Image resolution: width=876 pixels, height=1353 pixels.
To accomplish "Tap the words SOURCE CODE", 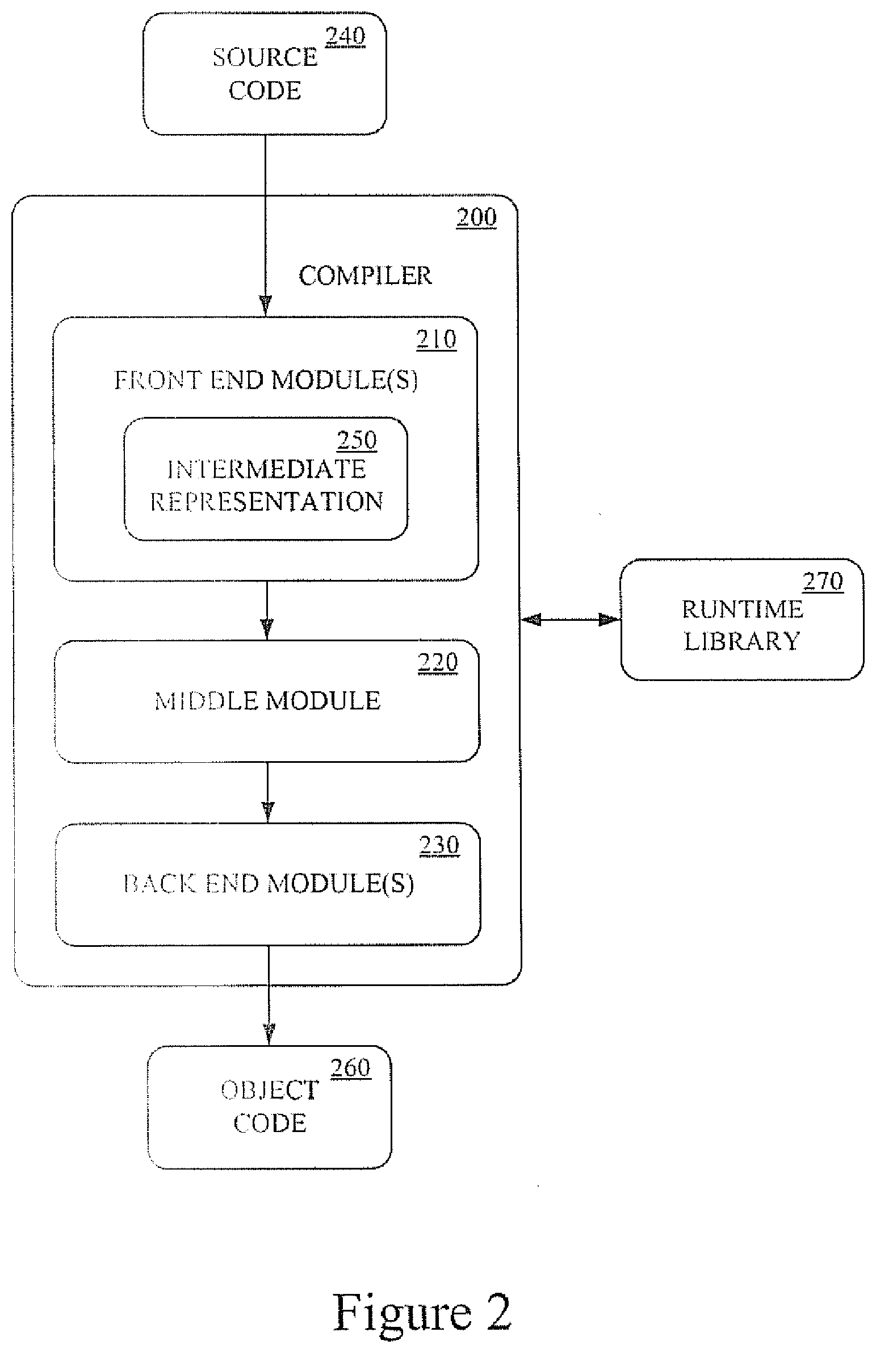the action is (265, 74).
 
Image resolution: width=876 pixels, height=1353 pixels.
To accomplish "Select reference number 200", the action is (477, 218).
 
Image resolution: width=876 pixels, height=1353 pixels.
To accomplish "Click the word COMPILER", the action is (365, 275).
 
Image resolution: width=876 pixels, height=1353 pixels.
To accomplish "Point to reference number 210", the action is (436, 340).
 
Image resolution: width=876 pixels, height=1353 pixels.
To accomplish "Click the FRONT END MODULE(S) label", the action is (266, 380).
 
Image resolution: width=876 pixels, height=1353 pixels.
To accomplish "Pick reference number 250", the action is (357, 441).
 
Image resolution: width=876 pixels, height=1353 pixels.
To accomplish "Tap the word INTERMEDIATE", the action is (266, 470).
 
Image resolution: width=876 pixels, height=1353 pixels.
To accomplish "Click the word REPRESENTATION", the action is (266, 502).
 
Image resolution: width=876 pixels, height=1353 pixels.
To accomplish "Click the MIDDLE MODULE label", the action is (267, 701).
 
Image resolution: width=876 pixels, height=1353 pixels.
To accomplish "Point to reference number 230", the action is (439, 846).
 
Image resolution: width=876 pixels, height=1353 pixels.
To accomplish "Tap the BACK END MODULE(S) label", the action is (269, 884).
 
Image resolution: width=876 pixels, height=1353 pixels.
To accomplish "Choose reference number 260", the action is (350, 1068).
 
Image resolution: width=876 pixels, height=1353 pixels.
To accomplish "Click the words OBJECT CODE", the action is (270, 1106).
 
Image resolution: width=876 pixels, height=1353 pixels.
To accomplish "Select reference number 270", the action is (823, 582).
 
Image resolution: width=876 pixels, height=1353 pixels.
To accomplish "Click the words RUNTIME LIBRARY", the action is (743, 625).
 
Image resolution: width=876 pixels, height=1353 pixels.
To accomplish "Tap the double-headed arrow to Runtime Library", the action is (571, 620).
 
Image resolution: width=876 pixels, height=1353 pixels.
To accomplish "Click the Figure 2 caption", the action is (421, 1312).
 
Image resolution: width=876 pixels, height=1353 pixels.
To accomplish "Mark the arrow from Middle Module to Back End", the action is (268, 792).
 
